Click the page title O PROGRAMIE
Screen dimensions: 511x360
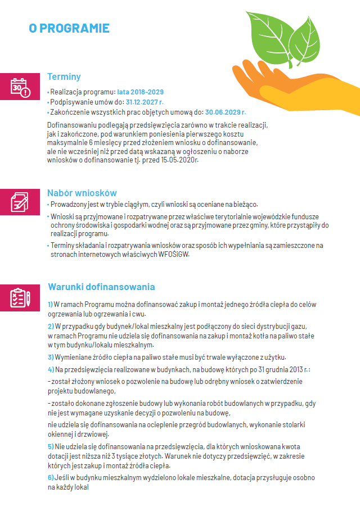69,28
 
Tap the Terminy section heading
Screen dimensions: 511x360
64,77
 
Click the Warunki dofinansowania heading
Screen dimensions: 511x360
101,287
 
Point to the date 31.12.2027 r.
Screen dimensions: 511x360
145,102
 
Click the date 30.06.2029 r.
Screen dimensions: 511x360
226,112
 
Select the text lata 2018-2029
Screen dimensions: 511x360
141,92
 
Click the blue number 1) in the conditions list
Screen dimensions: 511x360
50,304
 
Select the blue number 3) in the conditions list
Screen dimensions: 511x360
50,357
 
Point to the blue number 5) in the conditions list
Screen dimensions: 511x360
50,446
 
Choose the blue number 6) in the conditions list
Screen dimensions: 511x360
50,477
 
